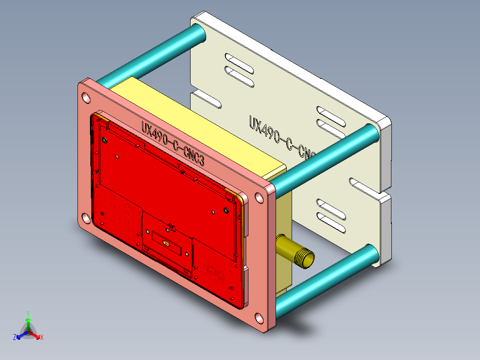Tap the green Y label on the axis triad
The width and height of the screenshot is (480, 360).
[x=28, y=313]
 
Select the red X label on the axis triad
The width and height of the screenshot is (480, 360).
[x=42, y=337]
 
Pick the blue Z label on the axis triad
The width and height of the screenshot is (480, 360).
[x=15, y=337]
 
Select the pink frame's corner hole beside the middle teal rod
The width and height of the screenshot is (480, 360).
[x=259, y=197]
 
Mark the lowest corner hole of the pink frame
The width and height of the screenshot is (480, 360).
[x=259, y=318]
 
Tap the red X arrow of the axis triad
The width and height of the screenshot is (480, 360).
[x=36, y=335]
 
